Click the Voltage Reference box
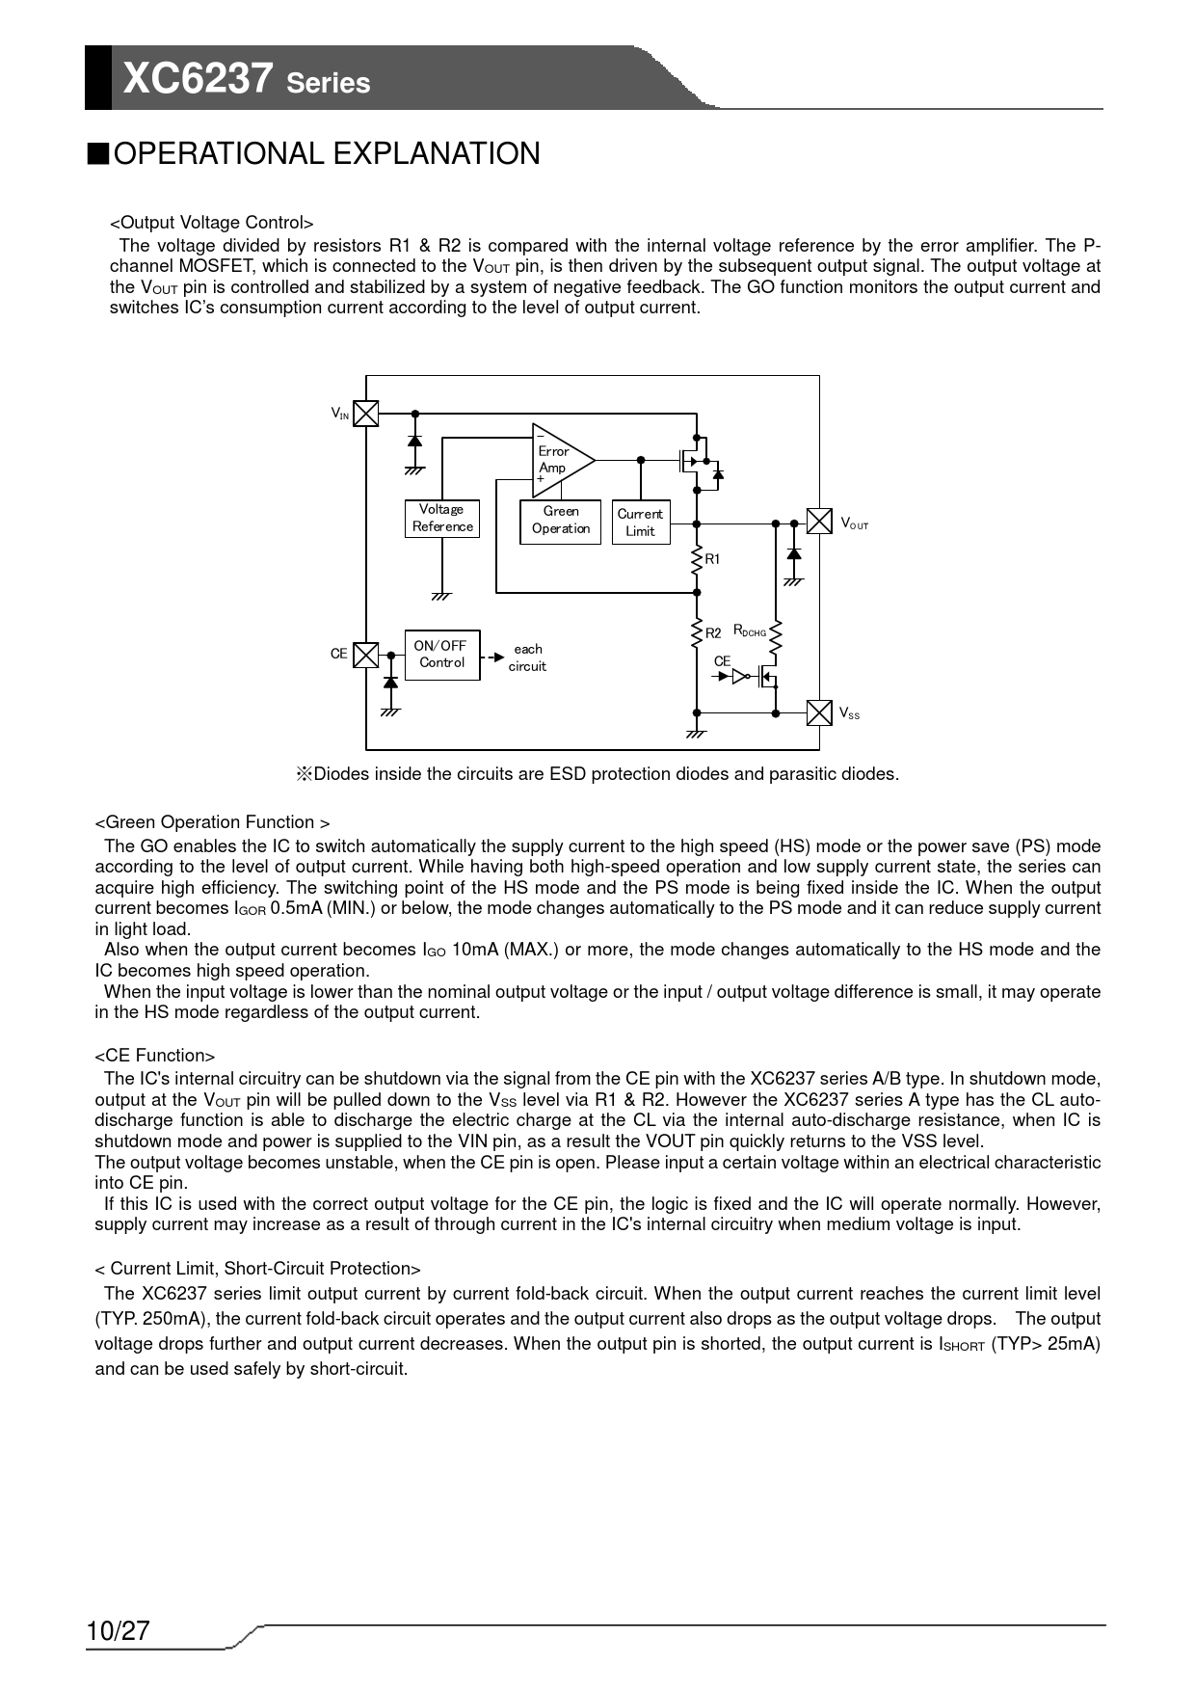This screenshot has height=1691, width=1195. [442, 518]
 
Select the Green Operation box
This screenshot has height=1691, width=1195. [560, 521]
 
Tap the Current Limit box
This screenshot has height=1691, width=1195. [641, 523]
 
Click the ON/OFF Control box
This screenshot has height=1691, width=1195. [441, 655]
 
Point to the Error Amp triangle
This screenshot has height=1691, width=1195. [559, 460]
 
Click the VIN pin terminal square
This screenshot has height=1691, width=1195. [366, 414]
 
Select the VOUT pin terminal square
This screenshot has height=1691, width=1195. [819, 522]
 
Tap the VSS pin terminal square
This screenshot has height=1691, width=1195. [819, 712]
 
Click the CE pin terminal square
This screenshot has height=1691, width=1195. [366, 656]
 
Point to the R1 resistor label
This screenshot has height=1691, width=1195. [713, 559]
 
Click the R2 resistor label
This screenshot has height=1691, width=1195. [713, 633]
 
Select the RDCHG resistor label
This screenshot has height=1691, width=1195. [750, 631]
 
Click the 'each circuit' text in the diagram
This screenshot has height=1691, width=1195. [527, 658]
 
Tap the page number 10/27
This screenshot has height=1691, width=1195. [119, 1630]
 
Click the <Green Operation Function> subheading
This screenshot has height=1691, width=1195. [212, 822]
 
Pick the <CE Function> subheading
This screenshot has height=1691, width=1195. [155, 1056]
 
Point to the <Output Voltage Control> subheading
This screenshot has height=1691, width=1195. [212, 224]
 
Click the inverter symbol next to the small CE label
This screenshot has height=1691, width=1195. [741, 677]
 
